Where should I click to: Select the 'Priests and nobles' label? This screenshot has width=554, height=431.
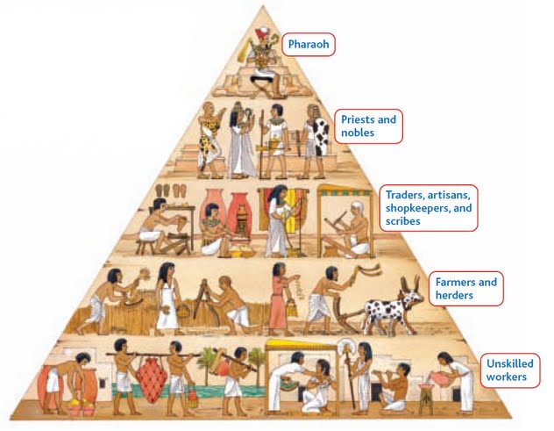367,126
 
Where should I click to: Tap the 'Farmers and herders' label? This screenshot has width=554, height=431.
465,289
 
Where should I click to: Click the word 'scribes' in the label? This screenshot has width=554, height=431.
403,221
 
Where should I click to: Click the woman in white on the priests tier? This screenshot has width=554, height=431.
240,140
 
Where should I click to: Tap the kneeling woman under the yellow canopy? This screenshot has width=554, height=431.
320,386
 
